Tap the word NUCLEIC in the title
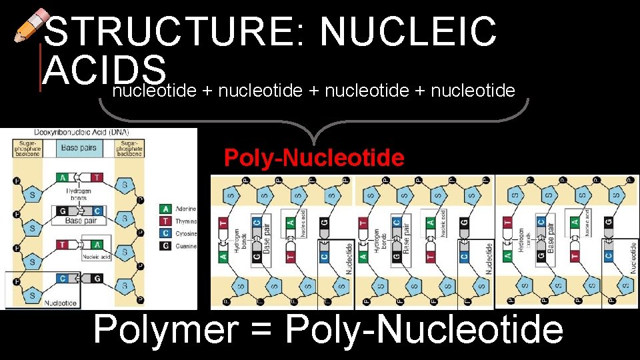tap(408, 32)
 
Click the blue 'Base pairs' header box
tap(79, 148)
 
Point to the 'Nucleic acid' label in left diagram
tap(95, 256)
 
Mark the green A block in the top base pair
tap(63, 177)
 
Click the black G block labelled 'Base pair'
tap(63, 211)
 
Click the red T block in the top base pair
tap(97, 177)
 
